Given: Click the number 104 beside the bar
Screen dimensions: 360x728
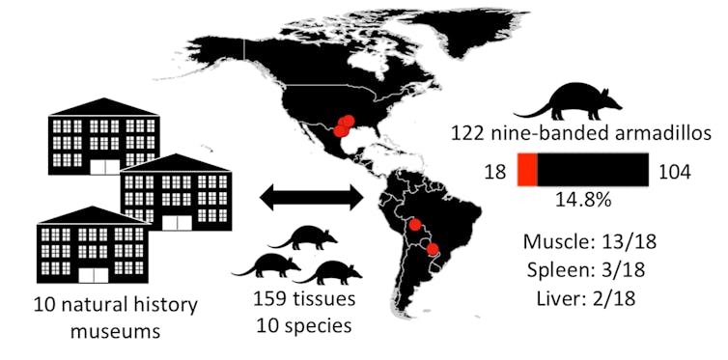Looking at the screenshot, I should click(673, 171).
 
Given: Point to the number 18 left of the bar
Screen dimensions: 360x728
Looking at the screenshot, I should click(495, 171).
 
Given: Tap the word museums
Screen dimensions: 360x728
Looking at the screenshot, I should click(99, 331).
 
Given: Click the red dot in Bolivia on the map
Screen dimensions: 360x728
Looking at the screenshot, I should click(415, 225).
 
